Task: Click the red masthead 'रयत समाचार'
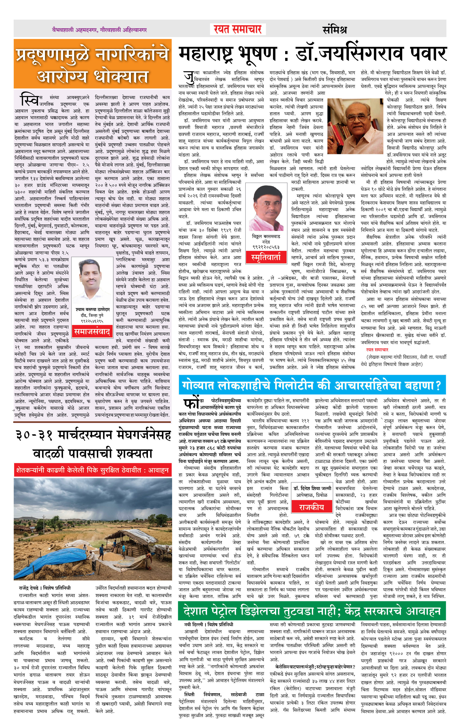coord(238,29)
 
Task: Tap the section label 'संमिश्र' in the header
coord(335,29)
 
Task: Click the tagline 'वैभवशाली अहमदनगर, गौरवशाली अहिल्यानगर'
coord(99,30)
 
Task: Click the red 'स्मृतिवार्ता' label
coord(266,257)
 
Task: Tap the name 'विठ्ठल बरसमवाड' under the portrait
coord(266,236)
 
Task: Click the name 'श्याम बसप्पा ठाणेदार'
coord(93,309)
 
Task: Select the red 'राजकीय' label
coord(311,507)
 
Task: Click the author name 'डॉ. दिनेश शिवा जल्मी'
coord(312,488)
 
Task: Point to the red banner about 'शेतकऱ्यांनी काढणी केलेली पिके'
coord(93,470)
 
